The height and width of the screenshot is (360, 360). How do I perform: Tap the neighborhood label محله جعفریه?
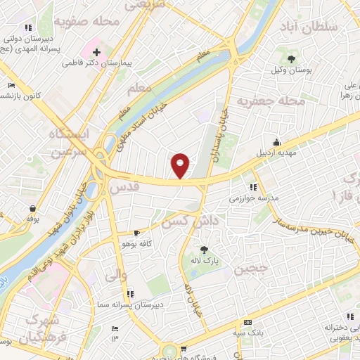271,101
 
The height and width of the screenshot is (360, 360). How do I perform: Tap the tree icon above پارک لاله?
204,250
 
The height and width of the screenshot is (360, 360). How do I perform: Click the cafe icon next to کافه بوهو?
137,233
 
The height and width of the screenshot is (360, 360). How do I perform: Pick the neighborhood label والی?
116,276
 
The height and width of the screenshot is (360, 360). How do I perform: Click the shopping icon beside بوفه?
32,208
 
